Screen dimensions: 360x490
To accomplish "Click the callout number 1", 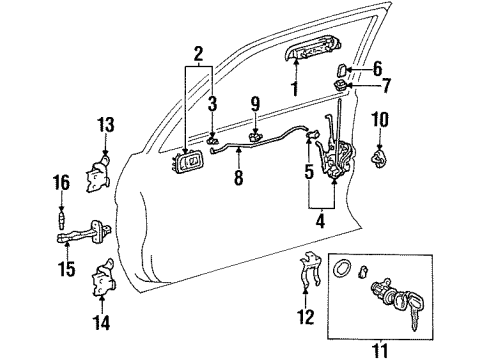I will (295, 88).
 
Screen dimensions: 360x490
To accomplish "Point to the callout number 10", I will (382, 120).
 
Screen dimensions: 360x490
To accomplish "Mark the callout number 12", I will (306, 318).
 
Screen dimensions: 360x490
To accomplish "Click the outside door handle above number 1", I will (297, 60).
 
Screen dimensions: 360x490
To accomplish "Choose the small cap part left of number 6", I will (342, 71).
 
